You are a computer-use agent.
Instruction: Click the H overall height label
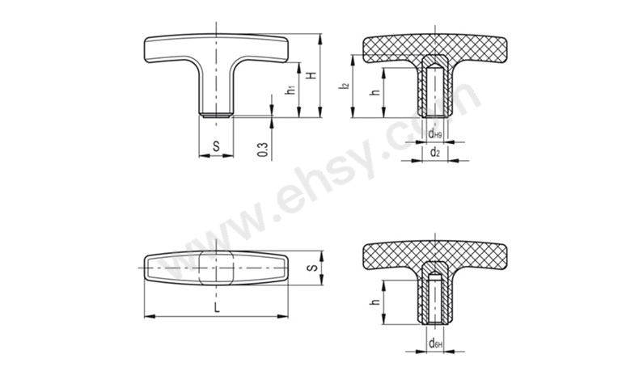tap(312, 75)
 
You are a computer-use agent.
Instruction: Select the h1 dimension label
tap(290, 90)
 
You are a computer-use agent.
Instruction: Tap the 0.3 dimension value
tap(263, 150)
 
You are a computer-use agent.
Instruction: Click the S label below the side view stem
tap(216, 146)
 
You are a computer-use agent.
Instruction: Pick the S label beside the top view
tap(312, 268)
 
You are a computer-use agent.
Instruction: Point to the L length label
tap(217, 307)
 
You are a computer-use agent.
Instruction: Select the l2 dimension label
tap(345, 86)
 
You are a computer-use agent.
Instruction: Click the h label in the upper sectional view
tap(375, 92)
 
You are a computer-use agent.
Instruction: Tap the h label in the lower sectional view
tap(375, 302)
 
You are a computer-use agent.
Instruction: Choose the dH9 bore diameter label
tap(435, 133)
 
